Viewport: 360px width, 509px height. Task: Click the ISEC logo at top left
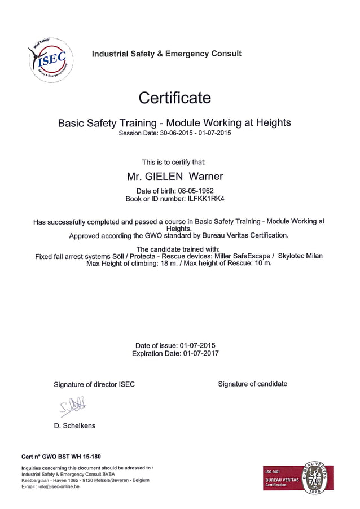50,59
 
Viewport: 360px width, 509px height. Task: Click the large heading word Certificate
175,98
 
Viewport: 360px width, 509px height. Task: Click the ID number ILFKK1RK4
202,199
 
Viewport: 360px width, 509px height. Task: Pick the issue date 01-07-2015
197,345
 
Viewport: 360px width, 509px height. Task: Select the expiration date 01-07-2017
201,353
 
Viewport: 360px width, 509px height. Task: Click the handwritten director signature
72,405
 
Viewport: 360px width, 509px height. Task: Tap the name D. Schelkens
74,425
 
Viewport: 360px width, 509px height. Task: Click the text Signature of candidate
252,384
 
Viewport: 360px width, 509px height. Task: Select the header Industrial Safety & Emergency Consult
166,54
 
